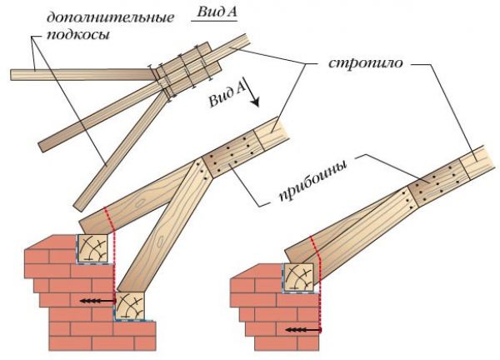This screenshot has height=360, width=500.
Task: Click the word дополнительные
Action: pyautogui.click(x=110, y=17)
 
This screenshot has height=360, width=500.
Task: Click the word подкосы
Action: pyautogui.click(x=78, y=34)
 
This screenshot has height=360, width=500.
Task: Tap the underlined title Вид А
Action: pyautogui.click(x=217, y=12)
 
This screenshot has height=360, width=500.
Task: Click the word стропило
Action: pyautogui.click(x=366, y=62)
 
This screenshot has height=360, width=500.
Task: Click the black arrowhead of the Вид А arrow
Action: pyautogui.click(x=255, y=102)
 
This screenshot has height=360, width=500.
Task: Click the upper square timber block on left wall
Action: pyautogui.click(x=92, y=248)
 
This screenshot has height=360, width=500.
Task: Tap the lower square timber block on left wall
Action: pyautogui.click(x=129, y=306)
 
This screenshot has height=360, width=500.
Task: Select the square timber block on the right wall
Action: pyautogui.click(x=299, y=277)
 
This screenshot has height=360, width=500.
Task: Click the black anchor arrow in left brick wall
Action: pyautogui.click(x=97, y=300)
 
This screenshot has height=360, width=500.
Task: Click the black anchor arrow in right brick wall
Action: pyautogui.click(x=303, y=329)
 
